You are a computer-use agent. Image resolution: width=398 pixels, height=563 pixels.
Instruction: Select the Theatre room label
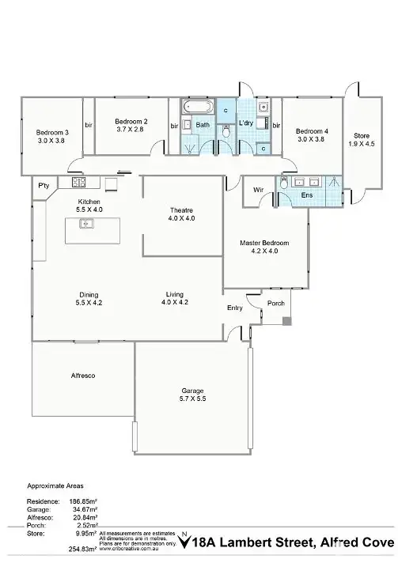pyautogui.click(x=181, y=210)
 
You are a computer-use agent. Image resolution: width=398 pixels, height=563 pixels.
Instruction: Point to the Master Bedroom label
pyautogui.click(x=264, y=243)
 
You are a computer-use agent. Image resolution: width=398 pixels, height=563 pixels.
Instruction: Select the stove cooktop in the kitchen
pyautogui.click(x=79, y=183)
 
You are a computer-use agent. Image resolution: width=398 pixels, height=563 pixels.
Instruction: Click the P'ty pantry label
pyautogui.click(x=44, y=185)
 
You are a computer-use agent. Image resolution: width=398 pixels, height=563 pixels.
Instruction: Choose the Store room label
pyautogui.click(x=362, y=135)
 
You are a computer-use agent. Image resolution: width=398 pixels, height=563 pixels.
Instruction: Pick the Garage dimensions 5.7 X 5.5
pyautogui.click(x=192, y=401)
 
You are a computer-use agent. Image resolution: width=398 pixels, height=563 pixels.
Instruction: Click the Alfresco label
pyautogui.click(x=83, y=376)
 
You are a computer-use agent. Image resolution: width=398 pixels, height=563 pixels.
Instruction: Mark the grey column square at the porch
pyautogui.click(x=286, y=320)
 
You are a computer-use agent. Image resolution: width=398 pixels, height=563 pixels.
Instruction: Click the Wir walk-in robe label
pyautogui.click(x=258, y=190)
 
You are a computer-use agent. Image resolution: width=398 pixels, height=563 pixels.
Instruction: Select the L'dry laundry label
pyautogui.click(x=245, y=123)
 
